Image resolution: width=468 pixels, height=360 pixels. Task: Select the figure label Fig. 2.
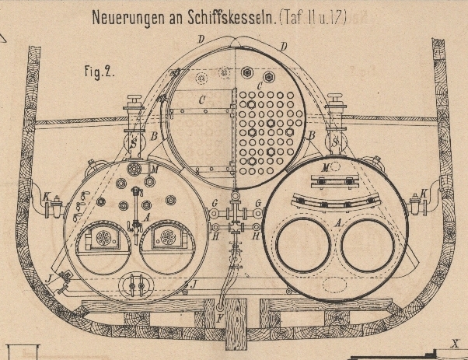(99, 72)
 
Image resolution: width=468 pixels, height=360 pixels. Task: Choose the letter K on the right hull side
(424, 194)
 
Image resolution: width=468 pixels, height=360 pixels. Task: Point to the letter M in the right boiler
(325, 168)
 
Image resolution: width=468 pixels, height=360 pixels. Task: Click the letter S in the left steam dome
(133, 143)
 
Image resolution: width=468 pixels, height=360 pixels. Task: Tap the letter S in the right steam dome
(336, 143)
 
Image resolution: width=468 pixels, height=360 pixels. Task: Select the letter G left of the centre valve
(213, 204)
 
